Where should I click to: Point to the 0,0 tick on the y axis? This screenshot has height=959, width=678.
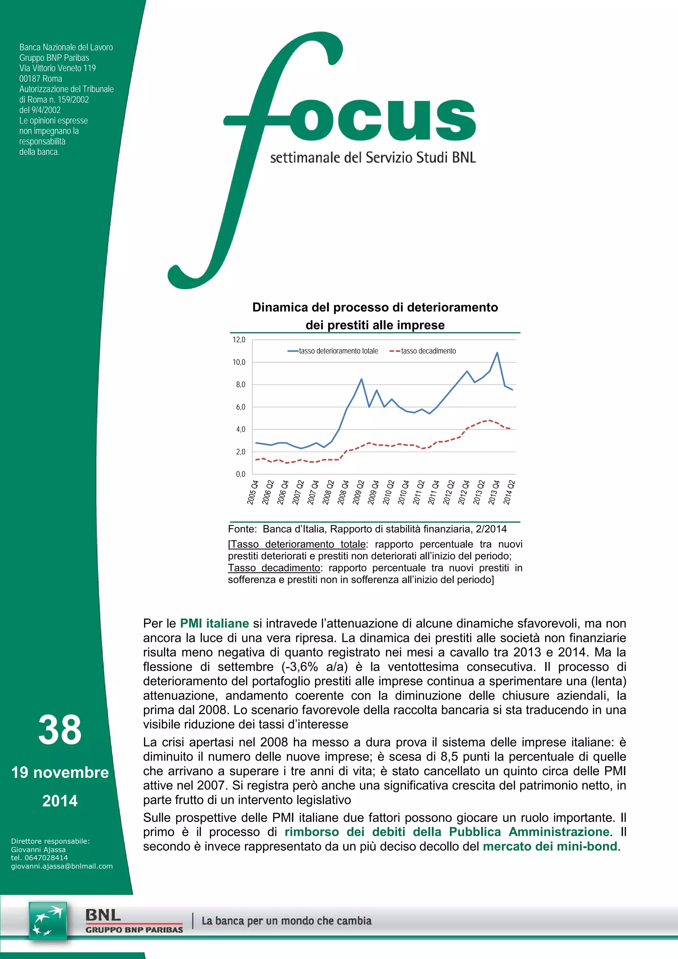tap(240, 474)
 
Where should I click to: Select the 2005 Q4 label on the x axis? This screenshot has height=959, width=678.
tap(253, 492)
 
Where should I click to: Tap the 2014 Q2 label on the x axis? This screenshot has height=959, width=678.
tap(509, 492)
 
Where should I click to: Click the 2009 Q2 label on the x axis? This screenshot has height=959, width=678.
tap(359, 492)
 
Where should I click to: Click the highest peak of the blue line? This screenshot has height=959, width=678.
tap(497, 353)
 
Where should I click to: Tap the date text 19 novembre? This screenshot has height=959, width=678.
tap(60, 773)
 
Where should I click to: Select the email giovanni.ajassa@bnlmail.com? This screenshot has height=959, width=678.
tap(62, 866)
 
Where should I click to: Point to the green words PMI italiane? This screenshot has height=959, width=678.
tap(214, 623)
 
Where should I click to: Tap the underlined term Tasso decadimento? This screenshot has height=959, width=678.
tap(274, 568)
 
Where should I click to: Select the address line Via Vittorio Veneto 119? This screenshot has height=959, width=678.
tap(58, 68)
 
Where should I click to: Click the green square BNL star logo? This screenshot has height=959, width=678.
tap(48, 921)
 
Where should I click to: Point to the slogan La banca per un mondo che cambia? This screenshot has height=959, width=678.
tap(286, 921)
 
